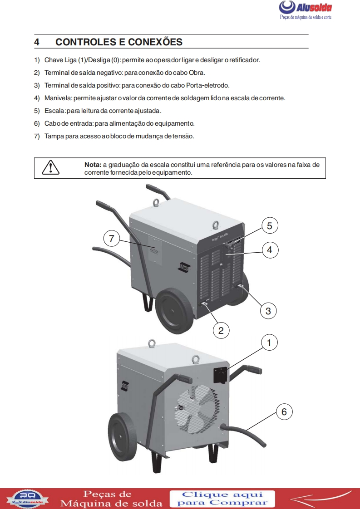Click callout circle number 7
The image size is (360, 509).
tap(112, 237)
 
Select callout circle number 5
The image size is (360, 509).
tap(269, 225)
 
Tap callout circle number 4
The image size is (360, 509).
tap(269, 250)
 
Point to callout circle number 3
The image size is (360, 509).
tap(268, 311)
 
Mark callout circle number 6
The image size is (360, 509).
tap(284, 411)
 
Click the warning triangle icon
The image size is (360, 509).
tap(50, 167)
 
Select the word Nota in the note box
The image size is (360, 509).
tap(93, 165)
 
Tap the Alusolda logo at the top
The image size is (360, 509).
tap(305, 8)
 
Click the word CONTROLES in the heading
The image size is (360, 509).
tap(84, 42)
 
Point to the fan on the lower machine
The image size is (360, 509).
tap(196, 409)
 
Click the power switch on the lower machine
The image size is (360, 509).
tap(221, 375)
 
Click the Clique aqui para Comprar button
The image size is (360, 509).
tap(222, 498)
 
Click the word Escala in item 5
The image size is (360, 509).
tap(55, 111)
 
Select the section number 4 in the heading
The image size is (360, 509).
tap(37, 42)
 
